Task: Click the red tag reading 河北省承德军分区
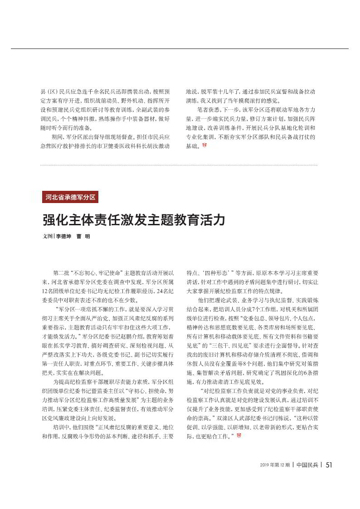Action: pyautogui.click(x=70, y=197)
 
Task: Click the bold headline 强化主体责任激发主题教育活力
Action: pyautogui.click(x=134, y=220)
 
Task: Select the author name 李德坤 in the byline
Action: pyautogui.click(x=64, y=236)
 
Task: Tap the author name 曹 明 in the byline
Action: pyautogui.click(x=83, y=236)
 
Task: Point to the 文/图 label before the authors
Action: pyautogui.click(x=48, y=236)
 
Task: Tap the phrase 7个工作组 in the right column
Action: pyautogui.click(x=266, y=300)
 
